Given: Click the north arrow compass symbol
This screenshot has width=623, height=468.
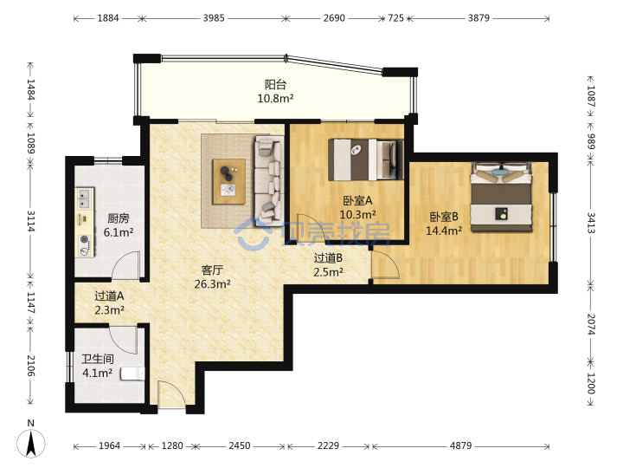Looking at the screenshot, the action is pos(30,443).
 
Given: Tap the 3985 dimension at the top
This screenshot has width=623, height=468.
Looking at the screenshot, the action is pos(214,18).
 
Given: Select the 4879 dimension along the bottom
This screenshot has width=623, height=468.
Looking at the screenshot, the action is pos(461,445).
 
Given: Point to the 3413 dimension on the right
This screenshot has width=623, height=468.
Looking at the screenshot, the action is pos(591,223).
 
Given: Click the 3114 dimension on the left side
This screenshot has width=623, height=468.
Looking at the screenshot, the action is pos(31,221).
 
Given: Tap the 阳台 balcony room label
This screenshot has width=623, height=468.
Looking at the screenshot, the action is pos(275,84).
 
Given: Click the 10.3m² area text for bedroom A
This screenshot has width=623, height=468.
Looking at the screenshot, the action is pos(357,215).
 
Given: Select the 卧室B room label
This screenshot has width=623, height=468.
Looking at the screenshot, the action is pos(444,217).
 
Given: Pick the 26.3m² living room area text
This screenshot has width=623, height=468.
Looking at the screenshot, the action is pos(213,284).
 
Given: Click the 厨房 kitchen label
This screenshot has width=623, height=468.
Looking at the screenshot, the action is pos(119,218).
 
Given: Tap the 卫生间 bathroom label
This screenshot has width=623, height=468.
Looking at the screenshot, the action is pos(98,360).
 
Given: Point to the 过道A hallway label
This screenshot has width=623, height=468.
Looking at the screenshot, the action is pos(109,296).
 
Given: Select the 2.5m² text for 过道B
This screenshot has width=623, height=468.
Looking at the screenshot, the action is pos(328,272).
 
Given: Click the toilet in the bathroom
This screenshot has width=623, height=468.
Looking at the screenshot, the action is pos(132,374).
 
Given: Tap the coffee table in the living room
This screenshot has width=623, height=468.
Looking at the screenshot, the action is pos(228,181).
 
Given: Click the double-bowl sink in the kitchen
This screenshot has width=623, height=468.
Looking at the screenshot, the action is pos(84,198).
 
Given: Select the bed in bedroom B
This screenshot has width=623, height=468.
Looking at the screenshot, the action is pos(501,197).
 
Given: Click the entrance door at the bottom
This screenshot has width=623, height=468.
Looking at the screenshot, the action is pos(171,394).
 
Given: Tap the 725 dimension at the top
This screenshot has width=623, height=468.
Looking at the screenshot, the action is pos(395,18).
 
